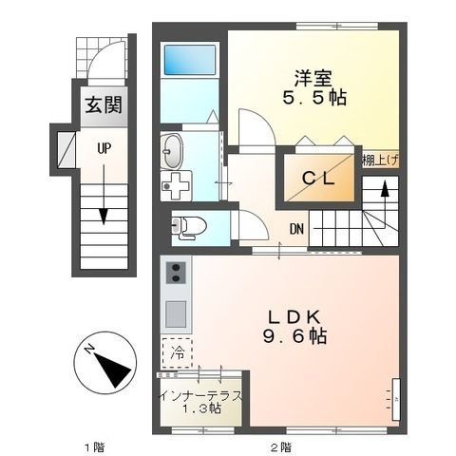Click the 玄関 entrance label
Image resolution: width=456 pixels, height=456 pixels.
[x=100, y=104]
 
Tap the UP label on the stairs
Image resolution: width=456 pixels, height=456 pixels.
[x=100, y=147]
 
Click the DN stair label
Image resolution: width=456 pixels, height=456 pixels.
[x=296, y=229]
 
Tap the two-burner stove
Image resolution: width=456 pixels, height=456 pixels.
[x=176, y=274]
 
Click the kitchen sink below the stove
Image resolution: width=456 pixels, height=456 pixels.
[x=176, y=311]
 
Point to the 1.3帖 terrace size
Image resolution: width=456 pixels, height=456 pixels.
[x=201, y=410]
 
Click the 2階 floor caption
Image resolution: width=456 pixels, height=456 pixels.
[x=277, y=446]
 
